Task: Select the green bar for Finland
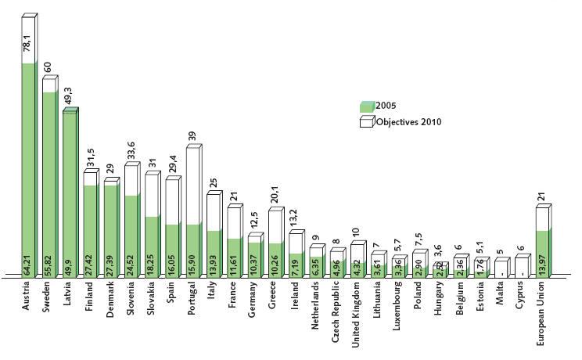click(x=90, y=230)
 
